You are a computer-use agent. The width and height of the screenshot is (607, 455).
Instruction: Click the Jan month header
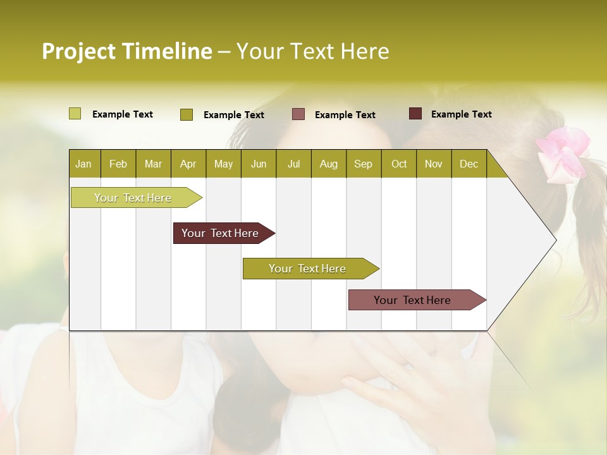click(x=83, y=164)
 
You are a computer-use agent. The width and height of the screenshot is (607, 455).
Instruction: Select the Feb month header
click(x=118, y=164)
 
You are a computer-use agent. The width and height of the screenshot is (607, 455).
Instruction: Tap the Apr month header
click(x=188, y=164)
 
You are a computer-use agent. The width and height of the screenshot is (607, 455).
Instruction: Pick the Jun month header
click(x=259, y=164)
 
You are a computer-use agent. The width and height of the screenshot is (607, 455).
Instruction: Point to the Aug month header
click(x=328, y=164)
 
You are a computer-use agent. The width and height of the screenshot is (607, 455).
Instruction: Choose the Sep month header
click(x=363, y=164)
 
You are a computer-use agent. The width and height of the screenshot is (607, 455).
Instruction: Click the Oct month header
click(x=399, y=164)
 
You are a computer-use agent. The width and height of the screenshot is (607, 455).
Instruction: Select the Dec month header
click(x=469, y=164)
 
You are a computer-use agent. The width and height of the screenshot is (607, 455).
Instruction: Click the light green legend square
click(x=75, y=114)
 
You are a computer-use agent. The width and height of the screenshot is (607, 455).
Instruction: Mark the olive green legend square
click(x=186, y=114)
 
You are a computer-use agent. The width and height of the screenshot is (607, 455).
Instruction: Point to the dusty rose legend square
click(x=298, y=114)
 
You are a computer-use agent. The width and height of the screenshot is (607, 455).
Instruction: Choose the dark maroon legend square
click(x=415, y=114)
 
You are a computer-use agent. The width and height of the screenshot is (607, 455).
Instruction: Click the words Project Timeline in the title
click(x=126, y=51)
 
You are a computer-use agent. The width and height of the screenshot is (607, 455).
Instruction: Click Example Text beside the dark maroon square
click(x=461, y=114)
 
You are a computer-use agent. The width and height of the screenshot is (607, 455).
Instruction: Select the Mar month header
click(x=153, y=164)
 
